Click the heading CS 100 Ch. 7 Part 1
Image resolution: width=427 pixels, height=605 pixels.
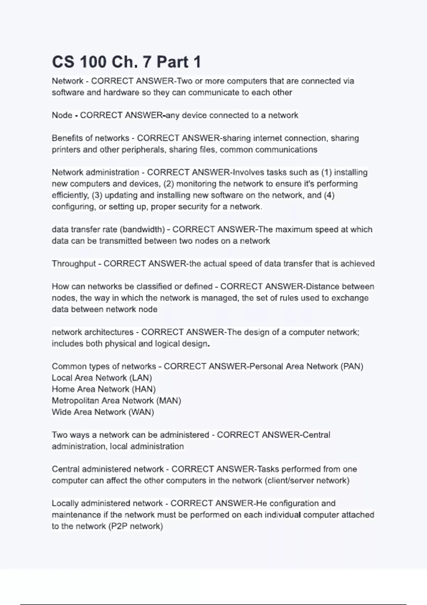click(x=126, y=62)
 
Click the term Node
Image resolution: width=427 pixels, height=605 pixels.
click(x=62, y=115)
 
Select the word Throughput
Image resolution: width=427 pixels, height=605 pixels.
click(x=74, y=264)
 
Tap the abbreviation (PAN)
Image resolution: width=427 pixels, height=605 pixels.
click(x=352, y=367)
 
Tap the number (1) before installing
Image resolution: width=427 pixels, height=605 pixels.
click(x=326, y=173)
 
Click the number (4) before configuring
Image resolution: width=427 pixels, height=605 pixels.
click(x=329, y=195)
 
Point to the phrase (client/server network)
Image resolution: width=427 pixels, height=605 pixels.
click(x=307, y=481)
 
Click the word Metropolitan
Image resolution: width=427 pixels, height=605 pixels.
click(x=75, y=401)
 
